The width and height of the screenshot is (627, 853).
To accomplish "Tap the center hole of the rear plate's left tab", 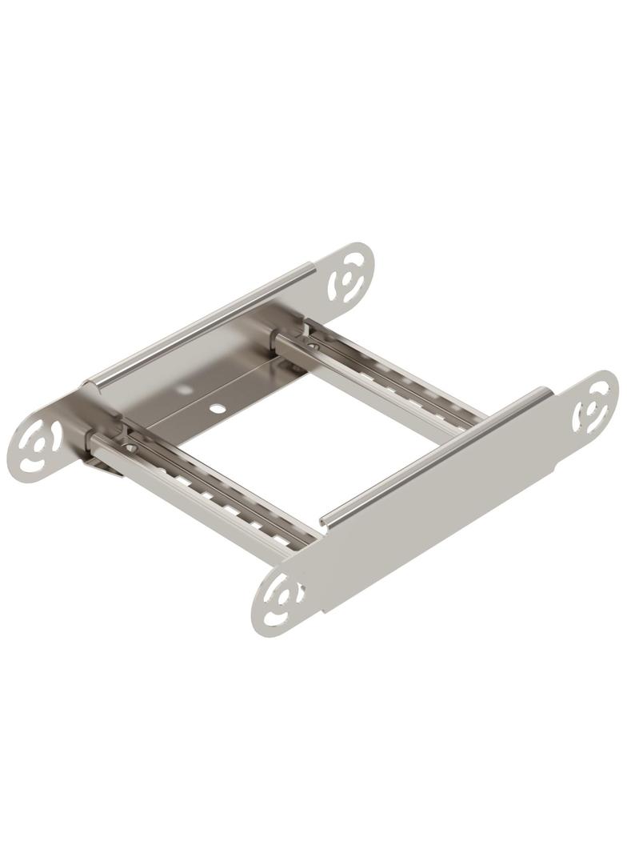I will pos(36,442).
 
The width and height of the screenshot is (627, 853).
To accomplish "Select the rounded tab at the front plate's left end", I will pos(278,601).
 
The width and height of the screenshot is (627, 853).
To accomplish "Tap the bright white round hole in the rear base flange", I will pos(217,409).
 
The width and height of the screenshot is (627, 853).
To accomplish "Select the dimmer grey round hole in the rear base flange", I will pos(184,390).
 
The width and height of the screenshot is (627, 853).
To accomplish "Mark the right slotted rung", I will pos(384,376).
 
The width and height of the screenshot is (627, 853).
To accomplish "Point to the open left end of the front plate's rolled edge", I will pos(325,521).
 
